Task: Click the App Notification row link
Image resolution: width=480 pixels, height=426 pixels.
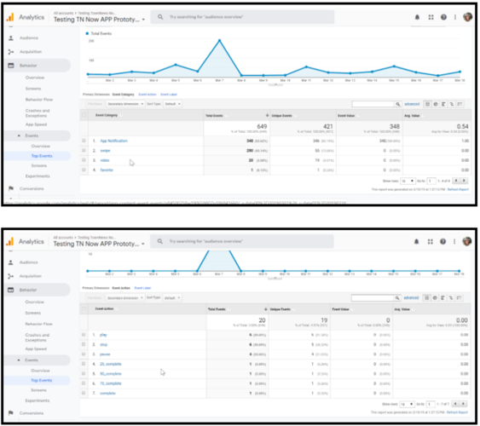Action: click(x=113, y=141)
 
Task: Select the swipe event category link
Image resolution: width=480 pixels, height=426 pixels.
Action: click(x=105, y=150)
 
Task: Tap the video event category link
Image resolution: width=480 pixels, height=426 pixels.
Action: click(x=105, y=159)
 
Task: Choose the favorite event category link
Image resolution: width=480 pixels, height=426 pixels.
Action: click(x=107, y=169)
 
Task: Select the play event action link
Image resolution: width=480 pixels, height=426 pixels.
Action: click(x=104, y=335)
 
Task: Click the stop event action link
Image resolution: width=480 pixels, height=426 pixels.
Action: click(x=104, y=344)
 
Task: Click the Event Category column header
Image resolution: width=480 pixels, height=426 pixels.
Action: click(x=108, y=114)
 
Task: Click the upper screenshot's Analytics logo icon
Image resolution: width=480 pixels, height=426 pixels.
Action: click(x=10, y=17)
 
